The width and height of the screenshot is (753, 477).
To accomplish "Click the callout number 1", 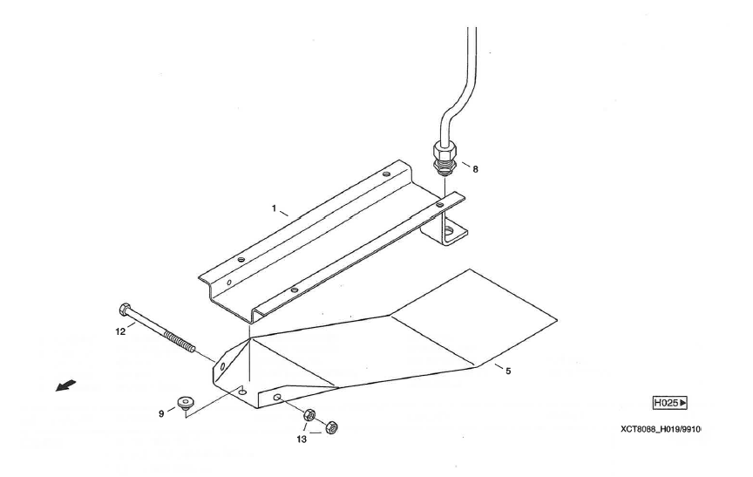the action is coord(274,208).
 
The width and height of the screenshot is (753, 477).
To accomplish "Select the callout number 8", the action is coord(476,169).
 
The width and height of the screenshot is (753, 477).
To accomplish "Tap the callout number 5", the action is coord(509,371).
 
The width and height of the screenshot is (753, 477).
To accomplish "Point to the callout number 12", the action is coord(120,331).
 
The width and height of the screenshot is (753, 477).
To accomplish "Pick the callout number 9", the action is coord(161,413).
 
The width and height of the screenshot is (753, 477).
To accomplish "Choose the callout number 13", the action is coord(301,439).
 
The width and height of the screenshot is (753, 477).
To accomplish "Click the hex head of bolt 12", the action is coord(124,309).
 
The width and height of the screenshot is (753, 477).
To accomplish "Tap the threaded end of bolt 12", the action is coord(180,341).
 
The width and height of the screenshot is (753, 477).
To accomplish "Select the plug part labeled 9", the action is coord(185,402).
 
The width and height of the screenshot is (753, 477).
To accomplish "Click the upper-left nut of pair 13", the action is coord(309,414).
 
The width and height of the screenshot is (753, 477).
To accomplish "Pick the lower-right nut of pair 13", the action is coord(331,426).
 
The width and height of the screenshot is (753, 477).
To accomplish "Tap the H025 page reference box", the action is coord(670,403).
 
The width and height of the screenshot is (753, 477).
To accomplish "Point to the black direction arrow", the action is coord(65,385).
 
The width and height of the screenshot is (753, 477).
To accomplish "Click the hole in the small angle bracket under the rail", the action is coord(449,231).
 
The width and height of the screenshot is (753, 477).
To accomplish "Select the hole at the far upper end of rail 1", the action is coord(387,174).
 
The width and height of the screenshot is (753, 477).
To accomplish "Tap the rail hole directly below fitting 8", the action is coord(440,205).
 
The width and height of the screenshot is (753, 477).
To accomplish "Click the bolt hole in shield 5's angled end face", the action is coord(222,366).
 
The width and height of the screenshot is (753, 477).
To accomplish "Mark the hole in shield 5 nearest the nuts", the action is coord(277,398).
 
